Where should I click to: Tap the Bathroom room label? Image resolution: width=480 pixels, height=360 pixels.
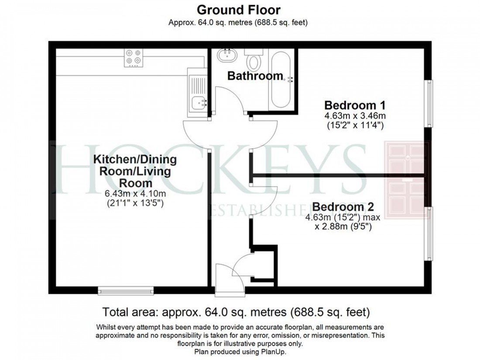coord(255,75)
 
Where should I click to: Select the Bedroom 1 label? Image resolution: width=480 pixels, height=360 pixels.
coord(354,105)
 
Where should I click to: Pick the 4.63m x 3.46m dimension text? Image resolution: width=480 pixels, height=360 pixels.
coord(354,116)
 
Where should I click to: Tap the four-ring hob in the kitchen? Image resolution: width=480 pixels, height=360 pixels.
coord(134,58)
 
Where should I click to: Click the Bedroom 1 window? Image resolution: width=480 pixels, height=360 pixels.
coord(430,103)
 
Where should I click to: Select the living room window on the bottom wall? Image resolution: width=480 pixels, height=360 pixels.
coord(126,290)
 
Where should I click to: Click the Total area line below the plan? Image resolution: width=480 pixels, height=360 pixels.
coord(236,312)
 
